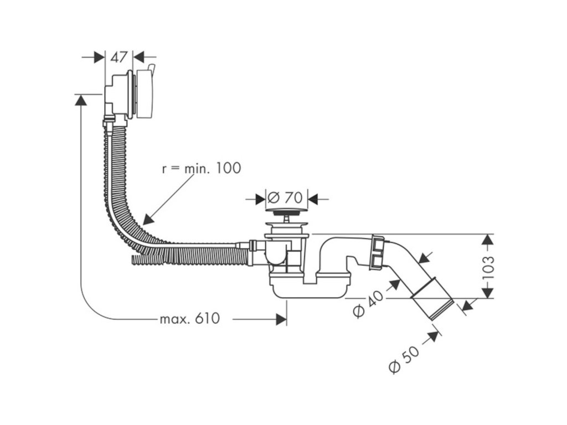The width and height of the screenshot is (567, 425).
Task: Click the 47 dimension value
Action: [x=119, y=57]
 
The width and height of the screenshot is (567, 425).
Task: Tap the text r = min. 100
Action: [x=202, y=168]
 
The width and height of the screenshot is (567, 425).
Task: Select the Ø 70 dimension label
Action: [x=285, y=198]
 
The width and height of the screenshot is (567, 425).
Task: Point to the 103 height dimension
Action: [x=487, y=267]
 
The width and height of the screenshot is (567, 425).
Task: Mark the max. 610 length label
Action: [x=189, y=319]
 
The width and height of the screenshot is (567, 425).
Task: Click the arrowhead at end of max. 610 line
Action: [x=281, y=319]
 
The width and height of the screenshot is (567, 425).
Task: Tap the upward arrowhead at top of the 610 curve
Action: [x=80, y=100]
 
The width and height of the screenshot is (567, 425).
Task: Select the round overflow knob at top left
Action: [x=144, y=94]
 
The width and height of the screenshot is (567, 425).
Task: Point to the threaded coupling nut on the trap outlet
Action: [x=378, y=252]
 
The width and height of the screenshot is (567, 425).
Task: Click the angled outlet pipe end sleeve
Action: [x=432, y=298]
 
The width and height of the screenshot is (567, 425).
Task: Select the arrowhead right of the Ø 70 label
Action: [x=313, y=199]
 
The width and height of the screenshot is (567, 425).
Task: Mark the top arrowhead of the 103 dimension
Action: [x=488, y=240]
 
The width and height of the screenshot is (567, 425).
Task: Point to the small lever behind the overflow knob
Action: [x=152, y=68]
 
